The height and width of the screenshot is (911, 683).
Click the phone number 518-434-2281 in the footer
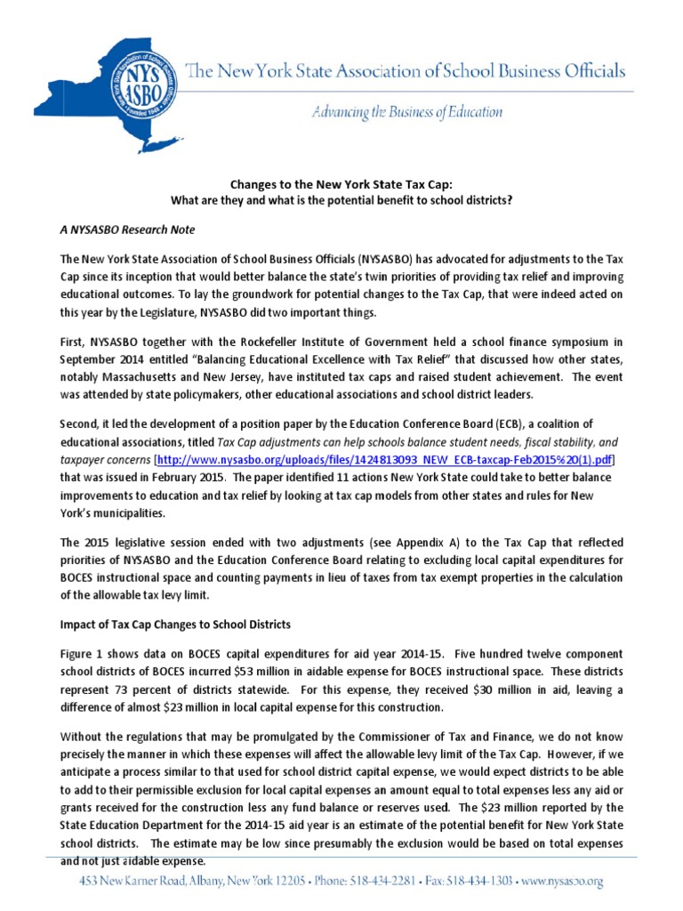[x=380, y=882]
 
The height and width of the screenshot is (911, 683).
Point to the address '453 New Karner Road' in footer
[x=131, y=882]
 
